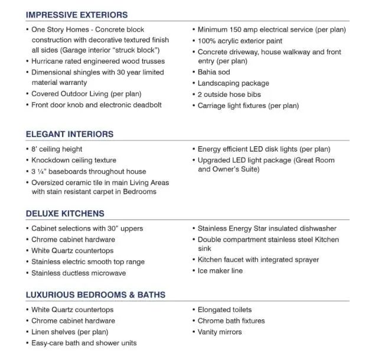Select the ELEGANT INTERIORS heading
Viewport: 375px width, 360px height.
click(69, 134)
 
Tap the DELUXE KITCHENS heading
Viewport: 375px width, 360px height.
click(65, 214)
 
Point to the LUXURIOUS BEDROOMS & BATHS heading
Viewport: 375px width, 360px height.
click(95, 294)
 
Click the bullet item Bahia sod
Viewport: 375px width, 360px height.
click(214, 72)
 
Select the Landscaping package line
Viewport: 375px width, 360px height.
click(233, 83)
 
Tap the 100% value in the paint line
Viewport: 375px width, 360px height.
click(207, 41)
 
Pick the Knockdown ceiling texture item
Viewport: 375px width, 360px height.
click(73, 160)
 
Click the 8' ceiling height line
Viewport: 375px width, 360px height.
click(57, 149)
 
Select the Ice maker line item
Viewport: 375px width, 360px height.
click(220, 271)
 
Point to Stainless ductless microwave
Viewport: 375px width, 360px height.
click(79, 273)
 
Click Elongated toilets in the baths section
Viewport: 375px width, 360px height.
click(224, 310)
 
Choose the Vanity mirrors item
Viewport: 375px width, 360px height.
click(220, 332)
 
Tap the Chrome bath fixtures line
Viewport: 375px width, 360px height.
click(231, 321)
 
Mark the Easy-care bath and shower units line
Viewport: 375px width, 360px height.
click(83, 343)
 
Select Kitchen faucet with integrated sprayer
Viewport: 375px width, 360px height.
click(258, 260)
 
